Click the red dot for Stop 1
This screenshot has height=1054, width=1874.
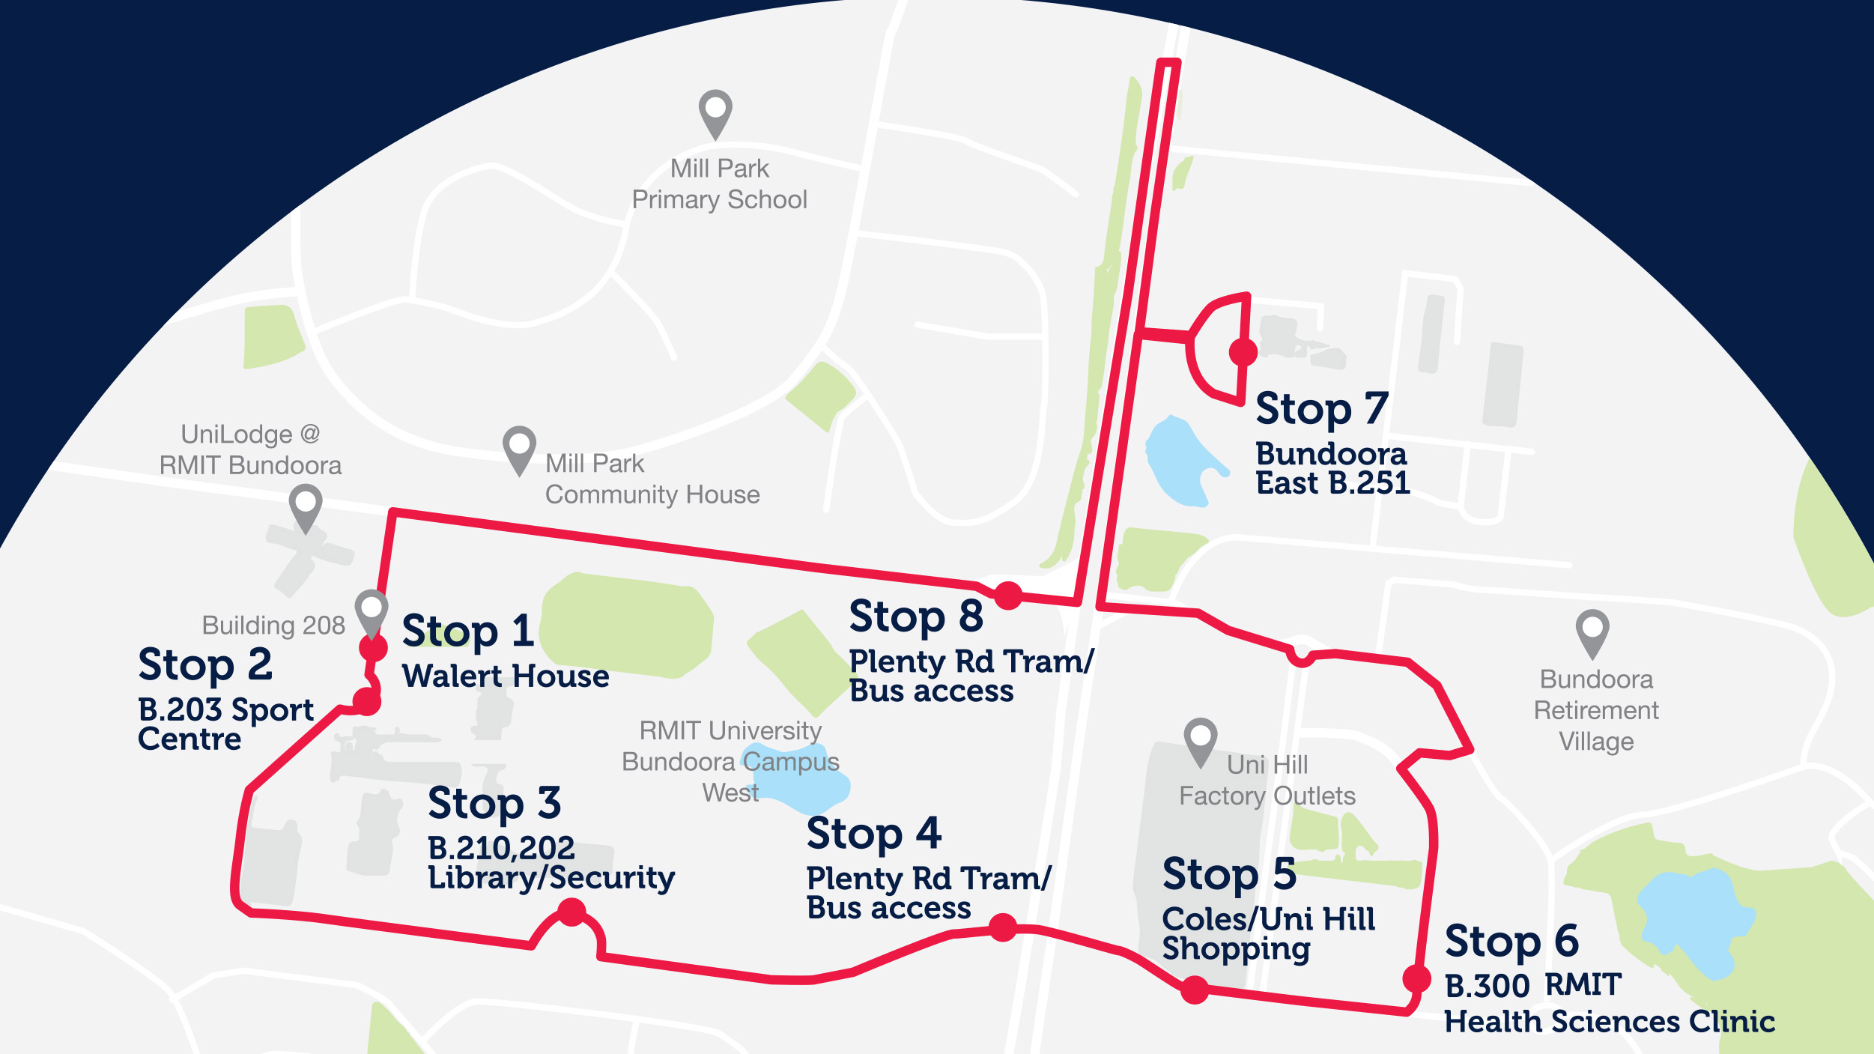coord(373,647)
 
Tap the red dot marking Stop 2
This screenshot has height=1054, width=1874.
coord(367,702)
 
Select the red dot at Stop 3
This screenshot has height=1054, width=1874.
coord(572,912)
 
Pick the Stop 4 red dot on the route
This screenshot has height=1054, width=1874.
coord(1003,927)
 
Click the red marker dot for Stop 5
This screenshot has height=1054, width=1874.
coord(1195,990)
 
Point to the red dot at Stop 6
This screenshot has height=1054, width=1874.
coord(1416,978)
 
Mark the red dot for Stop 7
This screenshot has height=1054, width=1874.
coord(1243,351)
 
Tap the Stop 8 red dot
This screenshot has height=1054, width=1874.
coord(1008,596)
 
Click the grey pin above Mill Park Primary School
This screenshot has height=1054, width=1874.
coord(715,111)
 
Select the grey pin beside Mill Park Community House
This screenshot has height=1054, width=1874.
coord(519,447)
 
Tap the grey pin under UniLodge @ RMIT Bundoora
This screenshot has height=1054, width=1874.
coord(306,505)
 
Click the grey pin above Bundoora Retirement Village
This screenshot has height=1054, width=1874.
coord(1592,631)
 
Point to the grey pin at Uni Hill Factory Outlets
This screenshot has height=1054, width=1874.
coord(1201,739)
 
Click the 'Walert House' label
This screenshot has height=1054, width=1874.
coord(506,676)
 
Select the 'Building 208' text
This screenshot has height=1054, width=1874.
coord(273,625)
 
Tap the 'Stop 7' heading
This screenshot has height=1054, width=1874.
coord(1322,409)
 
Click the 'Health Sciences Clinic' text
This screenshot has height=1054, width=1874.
coord(1610,1022)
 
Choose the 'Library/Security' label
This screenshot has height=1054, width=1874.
coord(551,878)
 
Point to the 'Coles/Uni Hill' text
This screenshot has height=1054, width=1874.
coord(1269,919)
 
